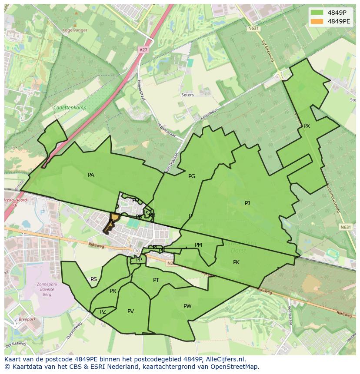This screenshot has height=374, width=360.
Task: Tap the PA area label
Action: click(x=91, y=175)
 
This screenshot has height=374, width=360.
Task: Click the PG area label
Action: click(x=192, y=176)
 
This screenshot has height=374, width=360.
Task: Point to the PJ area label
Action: click(x=247, y=203)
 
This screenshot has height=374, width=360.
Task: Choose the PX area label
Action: click(x=307, y=126)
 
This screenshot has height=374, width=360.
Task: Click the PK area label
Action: click(x=236, y=262)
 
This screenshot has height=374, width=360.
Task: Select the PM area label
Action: click(x=198, y=245)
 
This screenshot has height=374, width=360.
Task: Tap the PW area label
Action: click(x=187, y=306)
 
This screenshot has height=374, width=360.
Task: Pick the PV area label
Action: click(x=130, y=311)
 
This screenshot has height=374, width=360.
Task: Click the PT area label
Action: click(x=156, y=280)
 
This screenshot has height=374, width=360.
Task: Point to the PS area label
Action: click(x=93, y=279)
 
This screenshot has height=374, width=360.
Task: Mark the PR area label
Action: click(x=113, y=291)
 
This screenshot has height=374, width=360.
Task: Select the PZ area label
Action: click(x=103, y=312)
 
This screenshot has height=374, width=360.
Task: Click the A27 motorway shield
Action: click(x=143, y=50)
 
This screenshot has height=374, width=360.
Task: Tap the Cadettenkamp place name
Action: click(x=70, y=108)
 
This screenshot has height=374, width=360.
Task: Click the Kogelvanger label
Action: click(x=74, y=30)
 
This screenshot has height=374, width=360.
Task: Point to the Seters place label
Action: click(x=188, y=95)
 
